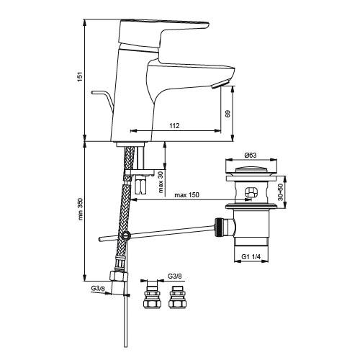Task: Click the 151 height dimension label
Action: [x=80, y=76]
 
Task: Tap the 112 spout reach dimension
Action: [x=174, y=125]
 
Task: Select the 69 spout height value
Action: [x=228, y=114]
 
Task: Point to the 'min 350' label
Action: [x=80, y=209]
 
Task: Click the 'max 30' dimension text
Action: [x=161, y=182]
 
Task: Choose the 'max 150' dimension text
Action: [x=186, y=194]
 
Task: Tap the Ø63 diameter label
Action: [x=251, y=156]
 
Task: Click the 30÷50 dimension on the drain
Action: [x=280, y=192]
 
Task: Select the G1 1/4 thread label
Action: [x=251, y=256]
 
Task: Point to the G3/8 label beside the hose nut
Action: [x=98, y=288]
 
